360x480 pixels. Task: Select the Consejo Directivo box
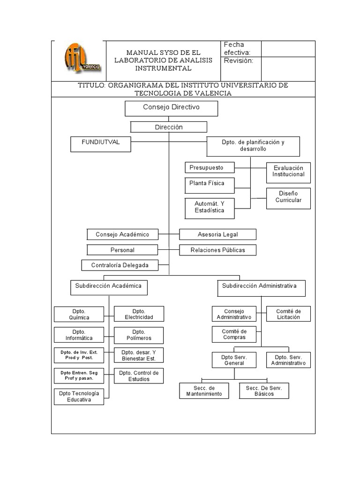click(171, 108)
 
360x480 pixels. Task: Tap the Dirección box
click(169, 127)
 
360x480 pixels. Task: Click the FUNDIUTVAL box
click(101, 144)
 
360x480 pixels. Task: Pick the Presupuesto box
click(210, 168)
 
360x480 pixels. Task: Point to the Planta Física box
click(210, 184)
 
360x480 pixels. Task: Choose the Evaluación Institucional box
click(288, 172)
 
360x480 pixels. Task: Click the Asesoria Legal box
click(217, 234)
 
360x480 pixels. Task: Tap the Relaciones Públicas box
click(217, 250)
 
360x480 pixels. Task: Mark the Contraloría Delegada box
click(120, 265)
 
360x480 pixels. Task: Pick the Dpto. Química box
click(79, 314)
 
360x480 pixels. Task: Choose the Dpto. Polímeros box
click(139, 335)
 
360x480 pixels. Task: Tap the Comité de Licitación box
click(288, 314)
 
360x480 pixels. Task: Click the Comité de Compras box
click(234, 335)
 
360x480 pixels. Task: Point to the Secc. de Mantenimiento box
click(204, 391)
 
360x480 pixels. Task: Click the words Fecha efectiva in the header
click(237, 48)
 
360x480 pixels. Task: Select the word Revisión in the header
click(238, 61)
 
